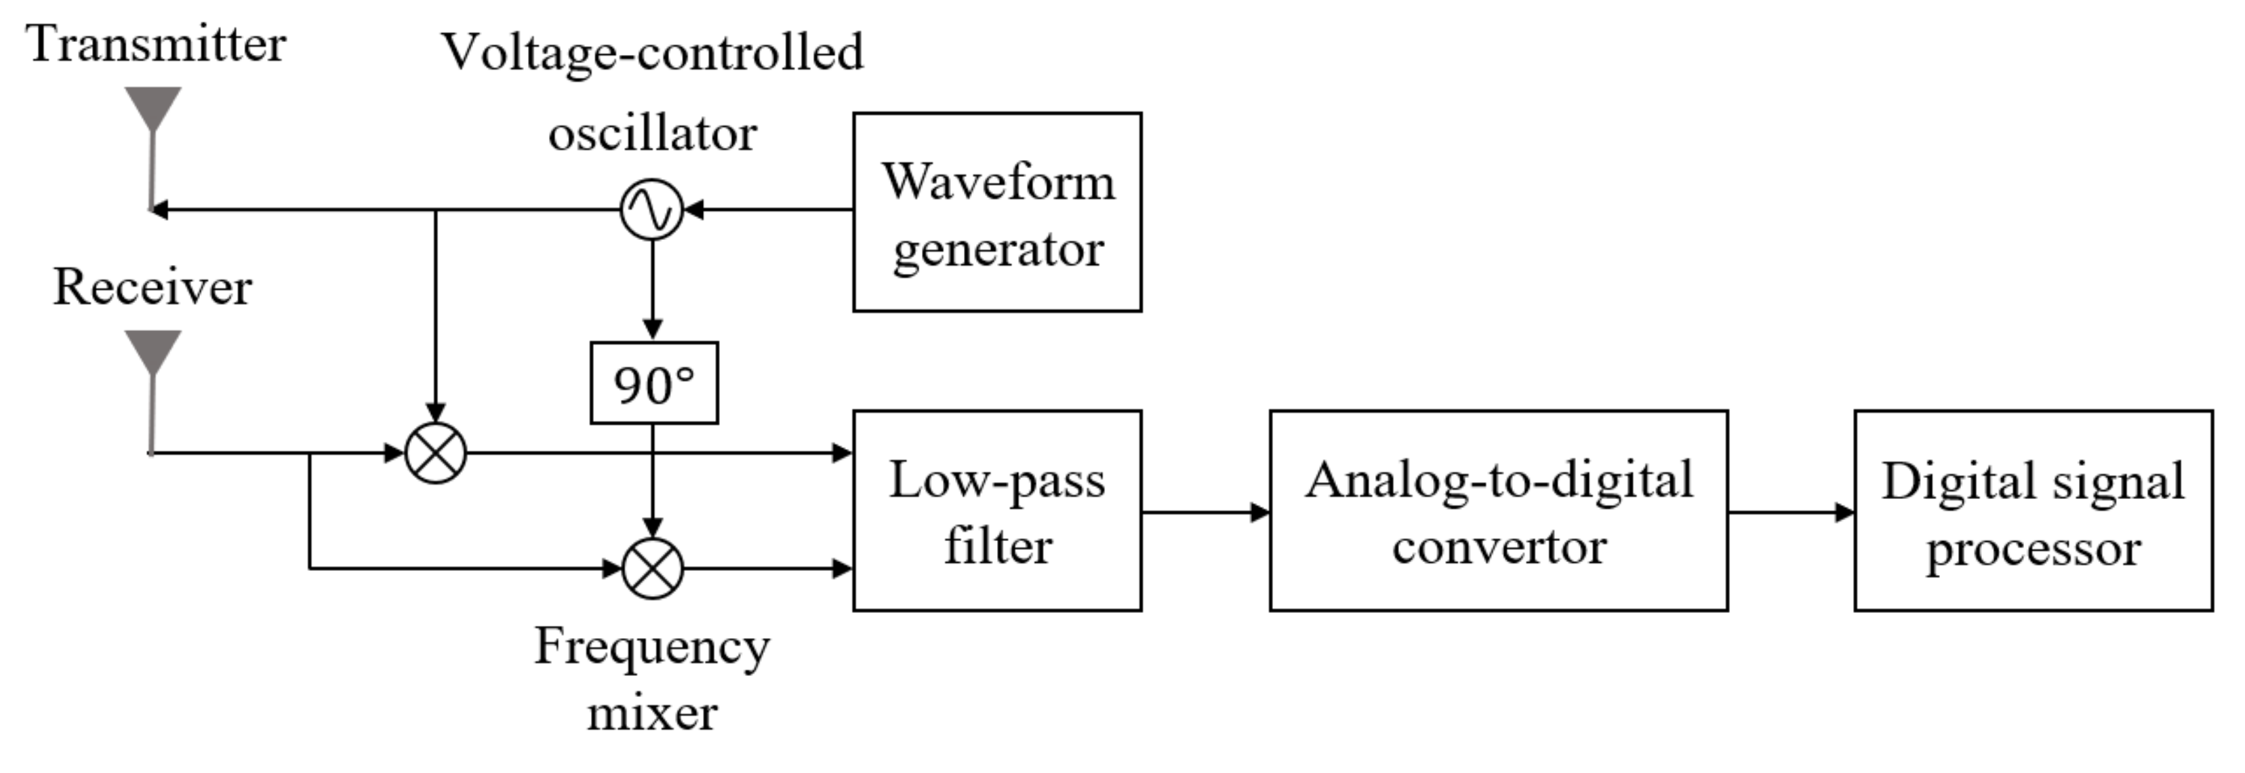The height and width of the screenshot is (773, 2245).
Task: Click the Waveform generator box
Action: pos(996,212)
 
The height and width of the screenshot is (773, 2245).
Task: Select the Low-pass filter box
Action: pos(996,511)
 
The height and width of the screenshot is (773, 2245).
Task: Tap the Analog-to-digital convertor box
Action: pos(1497,511)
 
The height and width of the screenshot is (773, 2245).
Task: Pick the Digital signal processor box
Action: pos(2032,511)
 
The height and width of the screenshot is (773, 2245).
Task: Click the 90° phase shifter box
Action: pos(653,384)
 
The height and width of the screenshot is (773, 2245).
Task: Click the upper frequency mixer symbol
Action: pos(436,453)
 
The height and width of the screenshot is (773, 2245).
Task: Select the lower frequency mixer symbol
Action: pos(653,569)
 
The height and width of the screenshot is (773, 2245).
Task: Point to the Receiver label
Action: pos(153,288)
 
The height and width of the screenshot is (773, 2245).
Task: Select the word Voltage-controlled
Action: pos(653,52)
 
